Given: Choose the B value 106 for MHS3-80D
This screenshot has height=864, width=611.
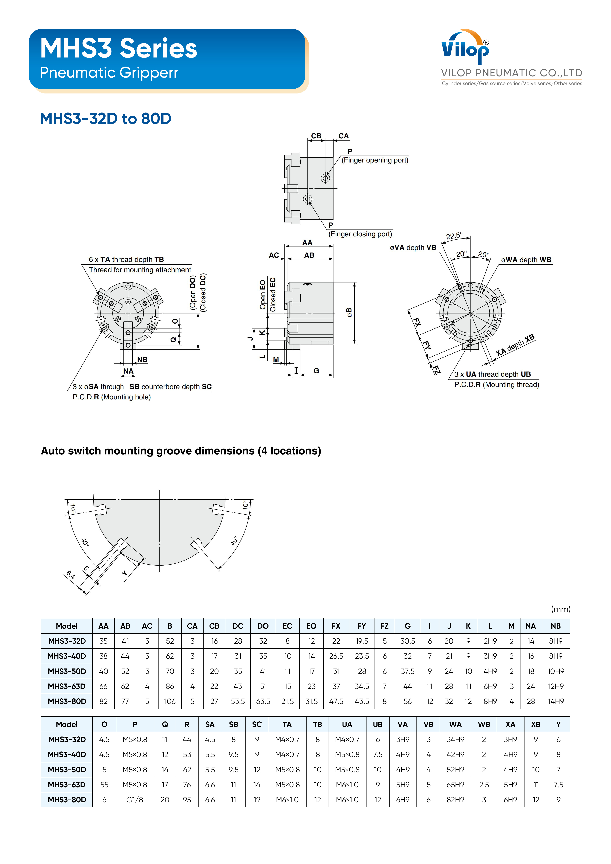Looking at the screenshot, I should (x=170, y=702).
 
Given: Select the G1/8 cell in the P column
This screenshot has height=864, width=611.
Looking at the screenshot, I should (x=135, y=800).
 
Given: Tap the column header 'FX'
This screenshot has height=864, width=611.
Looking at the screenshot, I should (x=336, y=626).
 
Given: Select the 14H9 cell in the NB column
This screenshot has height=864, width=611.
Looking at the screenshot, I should (x=556, y=702).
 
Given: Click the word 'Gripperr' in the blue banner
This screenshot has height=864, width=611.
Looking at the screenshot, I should (x=152, y=73).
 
